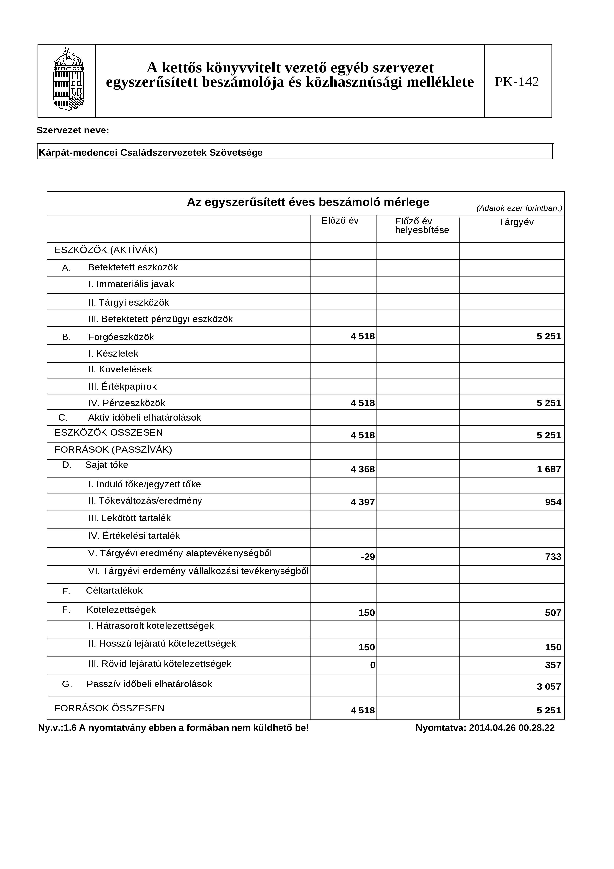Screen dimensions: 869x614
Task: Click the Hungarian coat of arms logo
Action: tap(69, 80)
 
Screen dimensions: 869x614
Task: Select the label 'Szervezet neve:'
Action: tap(73, 131)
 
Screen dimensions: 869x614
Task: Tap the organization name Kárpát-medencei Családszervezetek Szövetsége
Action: tap(151, 153)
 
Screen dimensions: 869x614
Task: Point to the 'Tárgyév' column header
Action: tap(516, 222)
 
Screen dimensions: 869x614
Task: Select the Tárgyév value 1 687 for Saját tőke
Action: tap(549, 469)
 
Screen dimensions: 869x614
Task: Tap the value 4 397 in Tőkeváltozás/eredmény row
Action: tap(362, 502)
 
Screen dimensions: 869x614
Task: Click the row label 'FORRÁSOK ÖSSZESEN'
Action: tap(109, 708)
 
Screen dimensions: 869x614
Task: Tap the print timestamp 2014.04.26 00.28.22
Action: tap(512, 728)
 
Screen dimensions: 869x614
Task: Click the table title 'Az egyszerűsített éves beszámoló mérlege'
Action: tap(308, 202)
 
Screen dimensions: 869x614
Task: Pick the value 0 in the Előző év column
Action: tap(372, 665)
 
